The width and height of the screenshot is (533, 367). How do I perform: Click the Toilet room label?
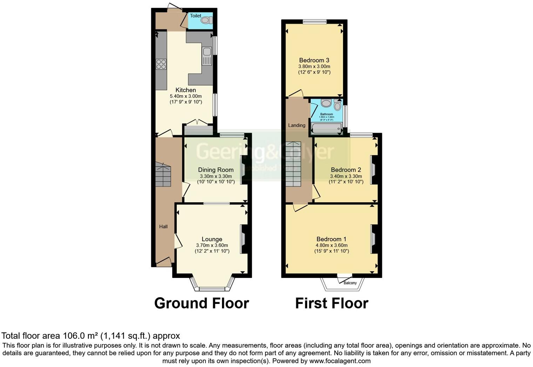tap(195, 16)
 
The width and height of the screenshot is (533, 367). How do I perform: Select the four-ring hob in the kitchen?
tap(161, 64)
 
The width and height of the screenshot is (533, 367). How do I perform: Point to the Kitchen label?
tap(185, 90)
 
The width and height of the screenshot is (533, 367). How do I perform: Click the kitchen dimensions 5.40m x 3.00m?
tap(185, 96)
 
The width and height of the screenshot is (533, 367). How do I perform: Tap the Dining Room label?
tap(216, 170)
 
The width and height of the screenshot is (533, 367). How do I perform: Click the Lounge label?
tap(212, 239)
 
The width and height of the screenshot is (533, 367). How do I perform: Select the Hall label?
tap(163, 226)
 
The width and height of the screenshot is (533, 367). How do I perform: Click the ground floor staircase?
tap(163, 175)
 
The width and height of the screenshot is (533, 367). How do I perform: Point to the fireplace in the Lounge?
tap(243, 239)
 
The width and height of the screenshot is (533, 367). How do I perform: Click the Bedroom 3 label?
tap(314, 60)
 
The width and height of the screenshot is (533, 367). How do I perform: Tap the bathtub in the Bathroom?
tap(326, 129)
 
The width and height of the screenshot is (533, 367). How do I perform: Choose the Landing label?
tap(297, 125)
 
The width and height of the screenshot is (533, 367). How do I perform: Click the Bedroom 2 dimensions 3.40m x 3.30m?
tap(346, 176)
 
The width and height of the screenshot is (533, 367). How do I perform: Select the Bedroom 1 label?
tap(331, 239)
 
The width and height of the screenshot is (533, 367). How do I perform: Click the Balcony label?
tap(350, 283)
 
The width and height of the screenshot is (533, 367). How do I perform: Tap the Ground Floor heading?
tap(202, 303)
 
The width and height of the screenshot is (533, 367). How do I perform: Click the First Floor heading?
tap(332, 303)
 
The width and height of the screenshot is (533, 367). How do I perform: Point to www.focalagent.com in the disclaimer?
tap(339, 361)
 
